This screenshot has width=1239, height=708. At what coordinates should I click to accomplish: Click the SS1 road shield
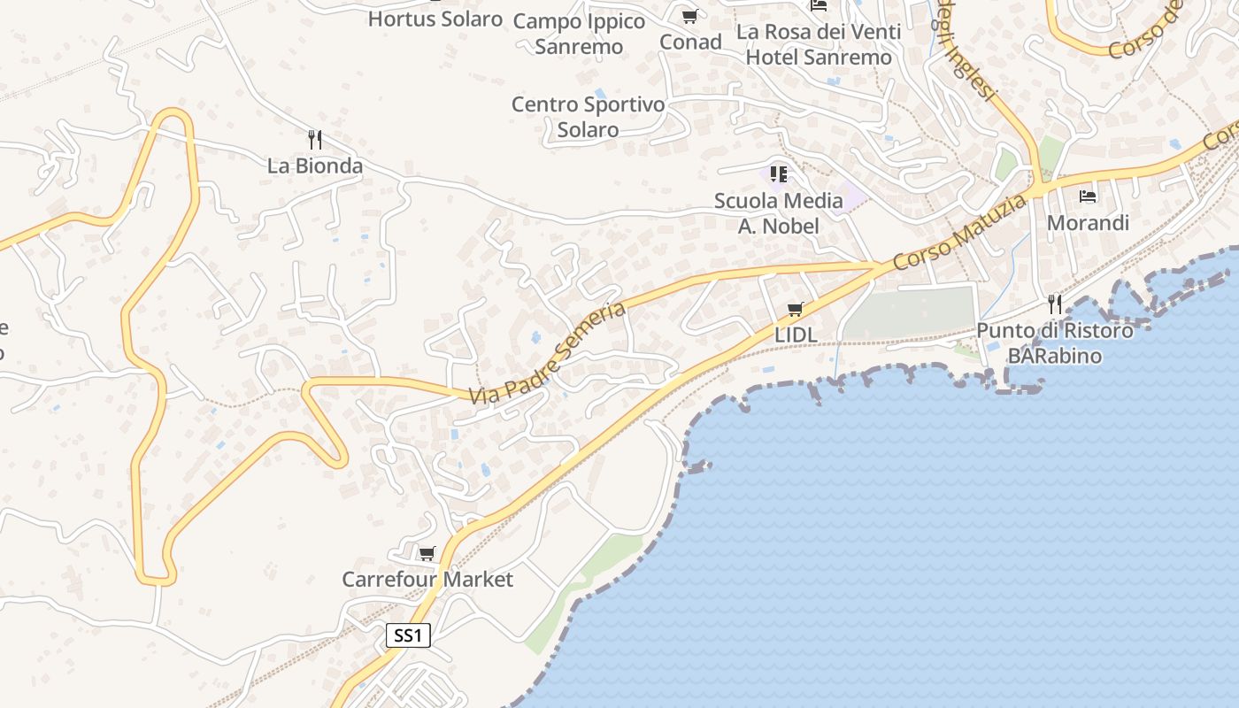pos(409,635)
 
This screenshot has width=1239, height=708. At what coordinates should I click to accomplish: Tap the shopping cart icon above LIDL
pos(796,309)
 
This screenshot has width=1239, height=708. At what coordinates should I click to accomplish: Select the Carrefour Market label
pos(427,580)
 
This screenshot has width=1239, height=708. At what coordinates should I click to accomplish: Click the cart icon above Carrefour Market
pos(427,553)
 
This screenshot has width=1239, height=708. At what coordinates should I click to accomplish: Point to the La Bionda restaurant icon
pos(314,139)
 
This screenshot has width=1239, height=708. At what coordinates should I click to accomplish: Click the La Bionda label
pos(315,165)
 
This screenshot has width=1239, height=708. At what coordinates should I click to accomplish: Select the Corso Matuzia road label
pos(960,233)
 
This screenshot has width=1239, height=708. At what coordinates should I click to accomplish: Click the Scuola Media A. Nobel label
pos(779,213)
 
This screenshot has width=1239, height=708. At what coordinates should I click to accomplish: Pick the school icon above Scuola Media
pos(779,173)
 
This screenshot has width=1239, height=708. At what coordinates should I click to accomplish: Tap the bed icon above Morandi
pos(1088,196)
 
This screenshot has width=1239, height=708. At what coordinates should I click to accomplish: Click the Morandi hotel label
pos(1088,222)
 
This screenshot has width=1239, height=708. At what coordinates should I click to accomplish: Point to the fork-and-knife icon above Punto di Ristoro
pos(1055,304)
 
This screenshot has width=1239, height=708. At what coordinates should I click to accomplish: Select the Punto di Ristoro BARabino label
pos(1055,343)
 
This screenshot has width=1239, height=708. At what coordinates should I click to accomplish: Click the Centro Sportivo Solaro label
pos(589,117)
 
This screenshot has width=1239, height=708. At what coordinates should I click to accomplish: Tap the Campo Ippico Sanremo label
pos(579,34)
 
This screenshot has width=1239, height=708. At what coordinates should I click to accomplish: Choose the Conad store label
pos(690,42)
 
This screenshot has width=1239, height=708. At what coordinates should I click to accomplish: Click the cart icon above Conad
pos(690,16)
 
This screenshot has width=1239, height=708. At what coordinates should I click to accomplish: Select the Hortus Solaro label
pos(435,19)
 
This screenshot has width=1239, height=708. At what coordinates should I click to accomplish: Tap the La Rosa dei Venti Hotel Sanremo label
pos(819,44)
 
